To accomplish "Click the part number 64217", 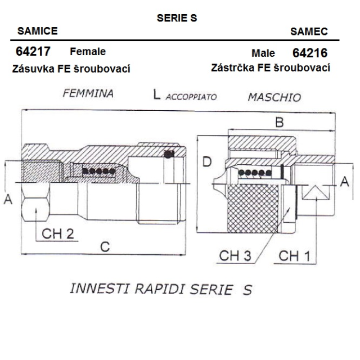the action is coord(33,51).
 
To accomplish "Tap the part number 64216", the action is coord(310,53).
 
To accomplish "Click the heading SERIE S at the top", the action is coord(177,18).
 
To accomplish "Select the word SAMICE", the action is coord(38,31).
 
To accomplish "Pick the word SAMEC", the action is coord(309,31).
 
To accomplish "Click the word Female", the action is coord(88,51).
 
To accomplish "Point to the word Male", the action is coord(263,53).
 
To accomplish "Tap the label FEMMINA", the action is coord(88,93).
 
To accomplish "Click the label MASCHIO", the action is coord(274,97).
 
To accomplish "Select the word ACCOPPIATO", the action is coord(191,97).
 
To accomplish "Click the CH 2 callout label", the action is coord(58,234).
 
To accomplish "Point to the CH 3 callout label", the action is coord(235,255).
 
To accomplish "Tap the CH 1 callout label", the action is coord(294,256).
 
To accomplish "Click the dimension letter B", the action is coord(280,122).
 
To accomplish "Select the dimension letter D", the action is coord(207,161).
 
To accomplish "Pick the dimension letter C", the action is coord(105,247).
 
